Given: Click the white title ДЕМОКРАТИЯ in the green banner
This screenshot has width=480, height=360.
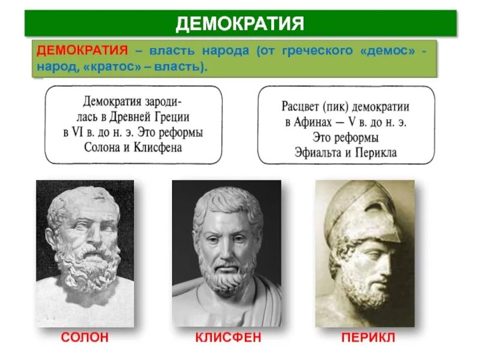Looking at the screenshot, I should (x=240, y=23).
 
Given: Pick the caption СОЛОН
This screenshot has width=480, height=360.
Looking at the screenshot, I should (x=85, y=338).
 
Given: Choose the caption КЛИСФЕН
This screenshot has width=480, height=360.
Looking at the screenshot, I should (x=228, y=338).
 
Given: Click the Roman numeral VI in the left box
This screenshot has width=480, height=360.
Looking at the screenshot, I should (x=76, y=133).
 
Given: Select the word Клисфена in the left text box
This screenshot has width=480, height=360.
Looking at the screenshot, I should (x=157, y=147).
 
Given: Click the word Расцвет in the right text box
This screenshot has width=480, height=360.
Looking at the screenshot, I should (x=303, y=107).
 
